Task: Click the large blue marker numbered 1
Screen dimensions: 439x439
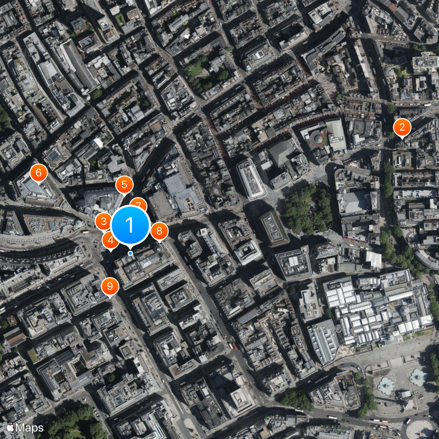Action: pyautogui.click(x=130, y=225)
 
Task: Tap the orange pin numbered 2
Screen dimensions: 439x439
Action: pyautogui.click(x=402, y=128)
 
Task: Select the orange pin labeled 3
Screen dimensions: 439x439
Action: pyautogui.click(x=103, y=222)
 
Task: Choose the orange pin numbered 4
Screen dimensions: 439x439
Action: pyautogui.click(x=110, y=240)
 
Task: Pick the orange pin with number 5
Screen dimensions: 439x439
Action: pyautogui.click(x=124, y=184)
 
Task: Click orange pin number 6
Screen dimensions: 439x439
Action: pyautogui.click(x=38, y=172)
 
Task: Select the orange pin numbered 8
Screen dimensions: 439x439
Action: pyautogui.click(x=159, y=231)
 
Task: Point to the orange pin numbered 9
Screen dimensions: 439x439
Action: pyautogui.click(x=110, y=286)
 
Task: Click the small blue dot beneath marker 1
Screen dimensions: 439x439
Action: pyautogui.click(x=130, y=253)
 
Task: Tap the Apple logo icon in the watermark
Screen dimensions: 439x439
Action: pyautogui.click(x=10, y=427)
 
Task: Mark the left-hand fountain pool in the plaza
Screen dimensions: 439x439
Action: pyautogui.click(x=386, y=385)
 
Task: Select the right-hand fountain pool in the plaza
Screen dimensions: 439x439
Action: pyautogui.click(x=418, y=376)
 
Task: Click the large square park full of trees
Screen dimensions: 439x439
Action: pyautogui.click(x=307, y=208)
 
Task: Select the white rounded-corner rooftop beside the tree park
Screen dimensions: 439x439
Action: pyautogui.click(x=252, y=179)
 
